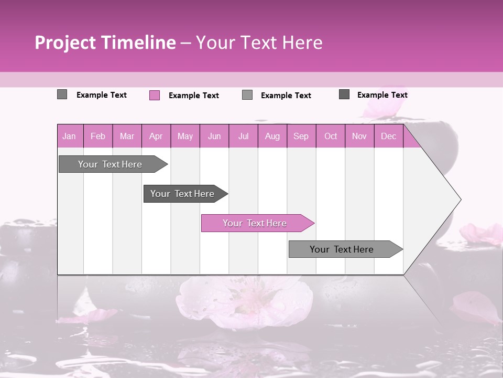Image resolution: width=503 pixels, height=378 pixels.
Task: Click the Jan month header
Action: pyautogui.click(x=69, y=136)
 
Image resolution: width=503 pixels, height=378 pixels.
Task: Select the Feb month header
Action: pyautogui.click(x=98, y=136)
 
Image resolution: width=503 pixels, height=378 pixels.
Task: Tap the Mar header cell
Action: pyautogui.click(x=127, y=136)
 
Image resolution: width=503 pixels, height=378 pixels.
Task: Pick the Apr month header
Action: pyautogui.click(x=156, y=136)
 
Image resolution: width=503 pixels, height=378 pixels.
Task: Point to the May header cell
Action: pyautogui.click(x=185, y=136)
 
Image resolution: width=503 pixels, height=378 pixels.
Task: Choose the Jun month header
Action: pyautogui.click(x=214, y=136)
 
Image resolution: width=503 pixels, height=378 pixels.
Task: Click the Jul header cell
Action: pyautogui.click(x=243, y=136)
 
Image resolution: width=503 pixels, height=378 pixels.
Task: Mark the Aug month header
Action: pyautogui.click(x=272, y=136)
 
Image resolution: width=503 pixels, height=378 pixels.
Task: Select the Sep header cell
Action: pyautogui.click(x=301, y=136)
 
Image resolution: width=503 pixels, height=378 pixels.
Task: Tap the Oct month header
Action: pyautogui.click(x=331, y=136)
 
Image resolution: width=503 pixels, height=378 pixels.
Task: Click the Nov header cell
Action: pyautogui.click(x=359, y=136)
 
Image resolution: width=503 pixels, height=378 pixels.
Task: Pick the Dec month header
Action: pyautogui.click(x=389, y=136)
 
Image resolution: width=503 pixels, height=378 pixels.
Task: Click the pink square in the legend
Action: pyautogui.click(x=155, y=95)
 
